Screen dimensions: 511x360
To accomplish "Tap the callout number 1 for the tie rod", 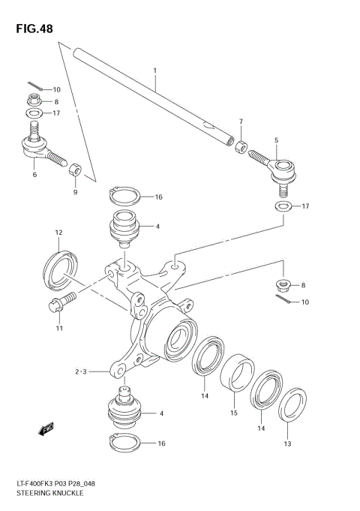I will point(154,71).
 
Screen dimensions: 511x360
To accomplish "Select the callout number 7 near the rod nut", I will point(241,122).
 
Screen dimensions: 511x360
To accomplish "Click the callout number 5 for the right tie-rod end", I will point(276,140).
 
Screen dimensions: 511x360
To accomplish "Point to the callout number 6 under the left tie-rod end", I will point(34,175).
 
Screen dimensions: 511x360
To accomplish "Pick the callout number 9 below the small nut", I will point(75,192).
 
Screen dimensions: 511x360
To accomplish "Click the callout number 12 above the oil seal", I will point(58,233).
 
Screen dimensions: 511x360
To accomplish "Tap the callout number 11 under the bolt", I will point(58,328).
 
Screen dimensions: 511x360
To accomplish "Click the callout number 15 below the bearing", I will point(233,411).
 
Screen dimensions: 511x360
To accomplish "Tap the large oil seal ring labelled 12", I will point(59,268).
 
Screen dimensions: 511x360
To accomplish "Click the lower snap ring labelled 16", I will point(124,443).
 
